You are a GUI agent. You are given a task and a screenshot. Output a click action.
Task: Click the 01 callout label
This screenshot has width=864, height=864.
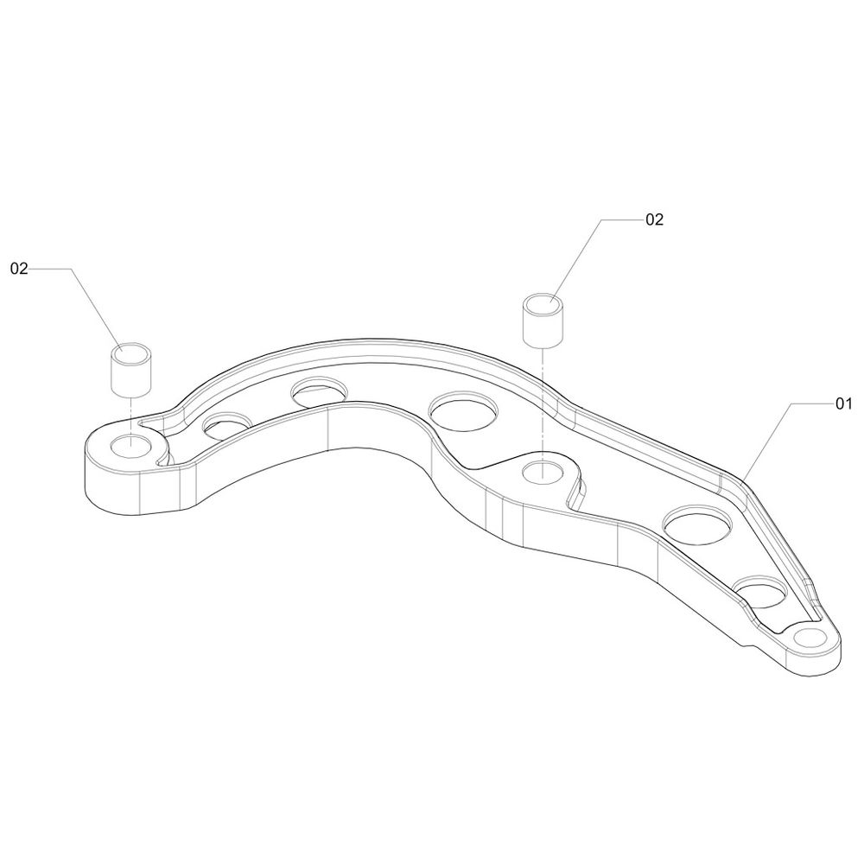[x=843, y=403]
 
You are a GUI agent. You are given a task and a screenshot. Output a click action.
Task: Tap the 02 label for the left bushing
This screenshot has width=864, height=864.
[x=19, y=269]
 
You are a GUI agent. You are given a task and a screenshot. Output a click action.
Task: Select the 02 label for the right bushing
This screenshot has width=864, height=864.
[x=655, y=219]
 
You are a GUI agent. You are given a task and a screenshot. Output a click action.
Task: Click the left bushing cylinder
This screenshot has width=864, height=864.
[x=131, y=369]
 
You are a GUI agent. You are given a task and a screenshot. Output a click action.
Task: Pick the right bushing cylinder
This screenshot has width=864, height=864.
[x=543, y=321]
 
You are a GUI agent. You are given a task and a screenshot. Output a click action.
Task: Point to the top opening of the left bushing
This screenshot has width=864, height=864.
[x=131, y=352]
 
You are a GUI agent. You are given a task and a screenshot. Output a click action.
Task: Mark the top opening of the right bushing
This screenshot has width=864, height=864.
[x=543, y=303]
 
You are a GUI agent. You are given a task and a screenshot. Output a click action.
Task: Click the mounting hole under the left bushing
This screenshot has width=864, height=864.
[x=131, y=445]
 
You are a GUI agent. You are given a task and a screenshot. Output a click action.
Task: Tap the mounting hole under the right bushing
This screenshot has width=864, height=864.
[x=543, y=472]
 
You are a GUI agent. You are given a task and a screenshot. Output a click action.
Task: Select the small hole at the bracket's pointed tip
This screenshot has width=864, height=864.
[x=810, y=638]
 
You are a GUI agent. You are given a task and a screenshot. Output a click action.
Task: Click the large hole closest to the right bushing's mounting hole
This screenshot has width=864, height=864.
[x=463, y=411]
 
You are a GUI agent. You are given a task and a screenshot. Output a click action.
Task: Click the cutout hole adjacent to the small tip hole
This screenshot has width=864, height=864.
[x=761, y=593]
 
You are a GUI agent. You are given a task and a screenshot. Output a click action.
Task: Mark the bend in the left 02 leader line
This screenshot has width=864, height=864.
[x=71, y=269]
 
